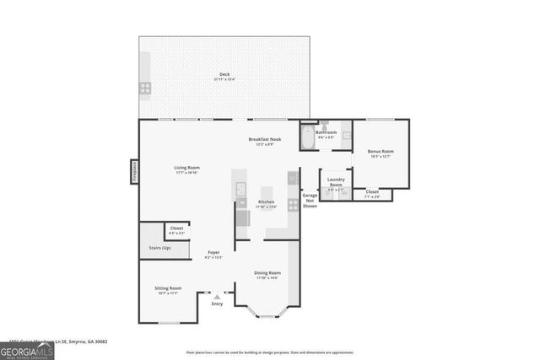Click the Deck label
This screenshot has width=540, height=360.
[224, 75]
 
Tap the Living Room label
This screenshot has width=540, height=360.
[186, 168]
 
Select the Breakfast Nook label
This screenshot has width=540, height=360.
[264, 139]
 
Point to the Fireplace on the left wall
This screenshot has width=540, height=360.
[133, 171]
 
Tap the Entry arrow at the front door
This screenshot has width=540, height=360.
[217, 296]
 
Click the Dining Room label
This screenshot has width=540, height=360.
[268, 273]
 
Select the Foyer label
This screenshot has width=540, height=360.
[214, 253]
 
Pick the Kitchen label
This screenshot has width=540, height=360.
[267, 202]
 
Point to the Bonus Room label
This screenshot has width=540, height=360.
[381, 152]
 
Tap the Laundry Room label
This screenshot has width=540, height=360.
[336, 180]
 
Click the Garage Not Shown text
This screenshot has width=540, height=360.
[310, 200]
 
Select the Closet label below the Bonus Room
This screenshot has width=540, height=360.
[372, 192]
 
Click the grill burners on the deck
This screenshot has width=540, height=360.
[145, 86]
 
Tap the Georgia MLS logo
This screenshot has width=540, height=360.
[26, 349]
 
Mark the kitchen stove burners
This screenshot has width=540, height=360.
[292, 204]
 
